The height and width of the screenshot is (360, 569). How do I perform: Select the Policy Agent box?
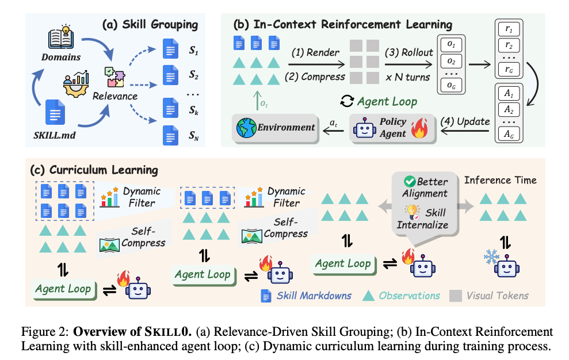(x=387, y=128)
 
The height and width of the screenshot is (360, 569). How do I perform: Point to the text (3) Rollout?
(x=409, y=52)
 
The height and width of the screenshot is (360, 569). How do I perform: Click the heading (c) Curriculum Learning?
(x=93, y=170)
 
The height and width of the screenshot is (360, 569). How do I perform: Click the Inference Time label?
(x=500, y=180)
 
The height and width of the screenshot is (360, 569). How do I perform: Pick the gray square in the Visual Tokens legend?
(x=455, y=296)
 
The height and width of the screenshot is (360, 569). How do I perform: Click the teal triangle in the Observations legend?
(x=366, y=296)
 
